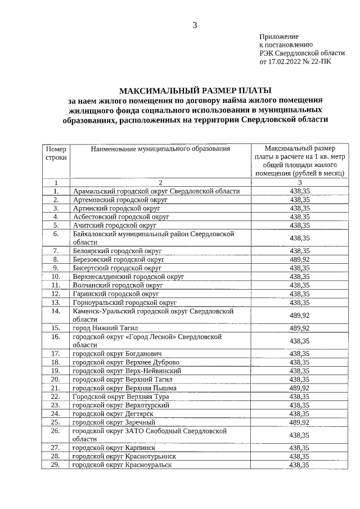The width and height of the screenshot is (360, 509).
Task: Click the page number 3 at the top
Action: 195,24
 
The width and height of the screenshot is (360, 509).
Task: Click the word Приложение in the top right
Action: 278,36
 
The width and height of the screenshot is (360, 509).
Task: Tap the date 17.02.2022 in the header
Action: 283,61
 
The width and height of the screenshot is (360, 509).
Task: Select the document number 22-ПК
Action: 320,61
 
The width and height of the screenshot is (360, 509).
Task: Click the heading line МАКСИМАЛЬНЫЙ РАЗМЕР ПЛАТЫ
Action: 195,91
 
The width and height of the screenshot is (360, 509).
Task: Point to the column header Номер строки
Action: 56,154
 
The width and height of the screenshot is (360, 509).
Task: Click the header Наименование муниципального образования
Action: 161,149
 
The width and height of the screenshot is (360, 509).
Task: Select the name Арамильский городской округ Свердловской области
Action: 156,191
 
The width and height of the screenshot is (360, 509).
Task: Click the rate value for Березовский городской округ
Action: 299,259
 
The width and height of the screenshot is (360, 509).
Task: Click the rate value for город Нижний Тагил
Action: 299,327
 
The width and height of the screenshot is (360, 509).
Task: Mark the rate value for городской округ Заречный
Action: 299,422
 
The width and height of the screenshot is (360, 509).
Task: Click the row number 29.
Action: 56,465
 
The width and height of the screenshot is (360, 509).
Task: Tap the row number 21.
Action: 56,388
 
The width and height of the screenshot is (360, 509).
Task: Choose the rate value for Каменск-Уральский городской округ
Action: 299,314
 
